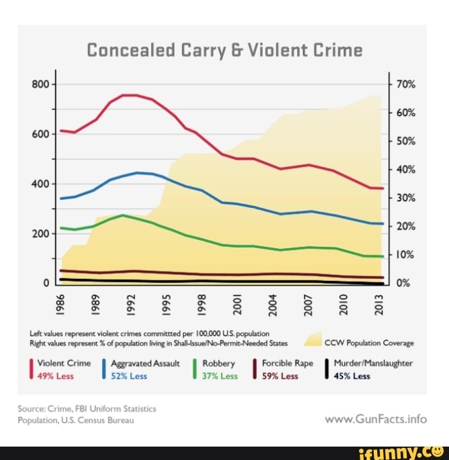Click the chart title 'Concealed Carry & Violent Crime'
(224, 50)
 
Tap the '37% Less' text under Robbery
(220, 376)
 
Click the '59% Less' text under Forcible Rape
(280, 376)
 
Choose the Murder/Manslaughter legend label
(372, 363)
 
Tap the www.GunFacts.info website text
(375, 419)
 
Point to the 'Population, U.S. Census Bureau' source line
(78, 420)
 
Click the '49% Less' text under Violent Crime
(55, 376)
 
